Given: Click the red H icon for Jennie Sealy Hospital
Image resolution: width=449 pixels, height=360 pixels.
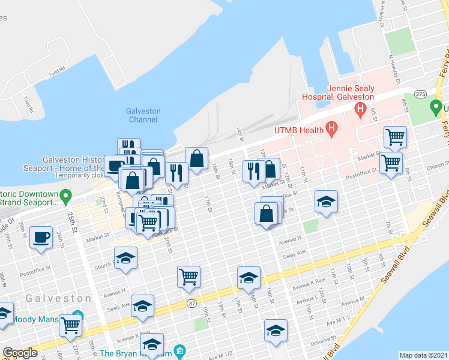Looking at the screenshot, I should [360, 109].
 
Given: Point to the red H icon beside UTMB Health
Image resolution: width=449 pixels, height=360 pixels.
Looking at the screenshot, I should [330, 128].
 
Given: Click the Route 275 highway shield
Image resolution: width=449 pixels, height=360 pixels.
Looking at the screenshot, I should [420, 94].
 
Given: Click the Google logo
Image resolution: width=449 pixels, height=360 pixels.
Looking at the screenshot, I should [20, 353].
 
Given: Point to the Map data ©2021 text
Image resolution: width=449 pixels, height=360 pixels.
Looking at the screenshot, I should [424, 355].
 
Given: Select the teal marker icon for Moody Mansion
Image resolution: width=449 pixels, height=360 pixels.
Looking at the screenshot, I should [77, 316].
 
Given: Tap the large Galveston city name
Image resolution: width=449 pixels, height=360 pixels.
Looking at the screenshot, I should [58, 298].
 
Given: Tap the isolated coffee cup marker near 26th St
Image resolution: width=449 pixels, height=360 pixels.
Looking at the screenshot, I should [41, 238].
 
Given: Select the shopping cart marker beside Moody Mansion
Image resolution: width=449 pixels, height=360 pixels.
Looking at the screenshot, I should [71, 325].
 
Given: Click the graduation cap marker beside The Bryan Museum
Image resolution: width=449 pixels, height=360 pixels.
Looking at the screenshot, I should [152, 345].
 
